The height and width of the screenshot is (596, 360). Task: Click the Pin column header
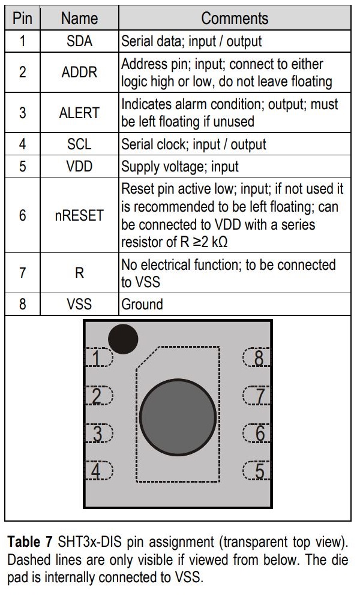pos(22,18)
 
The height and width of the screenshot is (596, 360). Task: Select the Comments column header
pos(235,18)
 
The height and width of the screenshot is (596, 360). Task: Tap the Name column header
pos(79,18)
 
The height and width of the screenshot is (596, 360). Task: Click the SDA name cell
pos(79,42)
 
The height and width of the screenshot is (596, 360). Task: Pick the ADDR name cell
pos(79,72)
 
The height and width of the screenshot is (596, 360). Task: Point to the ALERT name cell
pos(79,113)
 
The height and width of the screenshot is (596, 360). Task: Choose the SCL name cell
pos(79,145)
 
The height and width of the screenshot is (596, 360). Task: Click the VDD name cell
pos(79,166)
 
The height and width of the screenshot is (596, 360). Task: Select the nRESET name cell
pos(79,215)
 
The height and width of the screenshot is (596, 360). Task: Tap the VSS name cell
pos(79,304)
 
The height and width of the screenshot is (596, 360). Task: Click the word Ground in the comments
pos(142,304)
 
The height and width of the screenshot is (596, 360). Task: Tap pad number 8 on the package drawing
pos(257,359)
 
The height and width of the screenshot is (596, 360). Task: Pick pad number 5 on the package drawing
pos(257,471)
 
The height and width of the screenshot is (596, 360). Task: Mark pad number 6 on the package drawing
pos(257,433)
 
